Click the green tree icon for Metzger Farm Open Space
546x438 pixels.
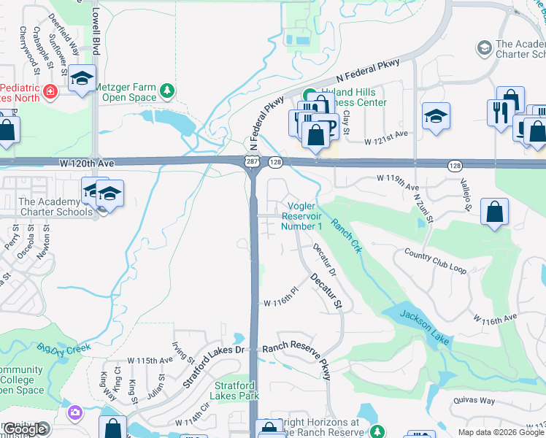(168, 90)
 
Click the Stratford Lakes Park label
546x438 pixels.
(237, 391)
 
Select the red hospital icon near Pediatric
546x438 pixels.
(50, 92)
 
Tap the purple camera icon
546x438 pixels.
(74, 413)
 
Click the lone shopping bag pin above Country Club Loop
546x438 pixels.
(494, 212)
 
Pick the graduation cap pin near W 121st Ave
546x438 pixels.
(436, 116)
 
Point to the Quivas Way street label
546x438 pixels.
(479, 399)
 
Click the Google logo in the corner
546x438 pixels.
(25, 430)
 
